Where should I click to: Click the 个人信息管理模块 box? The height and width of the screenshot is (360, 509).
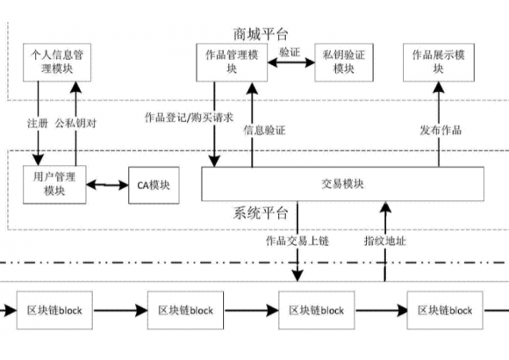pos(57,62)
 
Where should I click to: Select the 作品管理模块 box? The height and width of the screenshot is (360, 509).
pos(232,62)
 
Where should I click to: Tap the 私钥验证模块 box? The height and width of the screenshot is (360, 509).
pos(344,62)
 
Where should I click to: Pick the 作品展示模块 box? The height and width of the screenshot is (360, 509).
pos(439,62)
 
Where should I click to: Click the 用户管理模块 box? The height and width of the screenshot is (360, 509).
pos(54,184)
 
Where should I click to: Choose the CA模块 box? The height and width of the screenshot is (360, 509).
pos(154,185)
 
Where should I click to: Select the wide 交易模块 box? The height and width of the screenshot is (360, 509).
pos(343,184)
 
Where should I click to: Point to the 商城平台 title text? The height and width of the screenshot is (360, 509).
pos(261,34)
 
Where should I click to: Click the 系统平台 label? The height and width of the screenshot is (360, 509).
pos(261,213)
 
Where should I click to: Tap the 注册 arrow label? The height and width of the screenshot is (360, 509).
pos(38,124)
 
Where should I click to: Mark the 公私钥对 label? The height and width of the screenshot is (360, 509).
pos(75,124)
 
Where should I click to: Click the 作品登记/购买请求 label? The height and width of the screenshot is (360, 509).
pos(189,118)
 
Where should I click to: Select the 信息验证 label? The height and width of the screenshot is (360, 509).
pos(264,130)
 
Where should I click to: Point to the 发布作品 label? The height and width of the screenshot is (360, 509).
pos(441,130)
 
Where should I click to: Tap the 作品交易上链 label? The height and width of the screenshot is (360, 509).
pos(298,241)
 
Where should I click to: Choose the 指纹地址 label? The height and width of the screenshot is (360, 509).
pos(385,241)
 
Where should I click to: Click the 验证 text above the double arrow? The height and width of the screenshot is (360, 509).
pos(290,52)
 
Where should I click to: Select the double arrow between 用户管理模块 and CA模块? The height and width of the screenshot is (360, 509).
pos(107,185)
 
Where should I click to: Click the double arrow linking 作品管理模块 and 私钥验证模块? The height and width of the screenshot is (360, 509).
pos(291,62)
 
